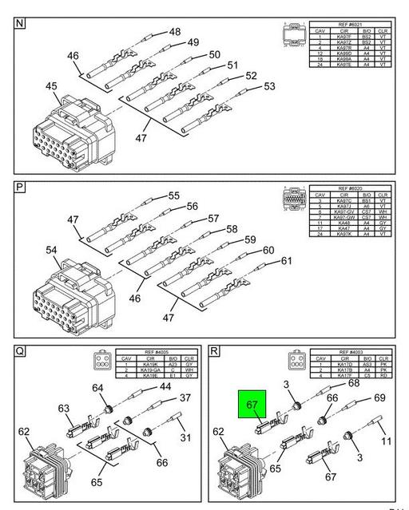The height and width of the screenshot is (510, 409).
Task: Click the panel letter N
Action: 19,23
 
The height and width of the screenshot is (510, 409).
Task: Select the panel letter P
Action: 19,188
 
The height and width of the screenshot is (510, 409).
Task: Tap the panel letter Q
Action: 19,350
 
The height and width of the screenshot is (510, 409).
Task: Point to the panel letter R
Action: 214,350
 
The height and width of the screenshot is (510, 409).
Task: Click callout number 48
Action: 173,32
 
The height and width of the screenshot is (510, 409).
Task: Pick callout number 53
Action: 269,86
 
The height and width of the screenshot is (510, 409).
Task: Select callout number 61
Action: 285,260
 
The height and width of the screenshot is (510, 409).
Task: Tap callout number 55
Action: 173,196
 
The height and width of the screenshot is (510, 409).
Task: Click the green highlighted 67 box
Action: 252,409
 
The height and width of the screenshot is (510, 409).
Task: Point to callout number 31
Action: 185,437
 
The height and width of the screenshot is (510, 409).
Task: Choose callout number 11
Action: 385,441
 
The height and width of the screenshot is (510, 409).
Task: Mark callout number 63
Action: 64,409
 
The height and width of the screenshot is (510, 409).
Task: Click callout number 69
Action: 379,397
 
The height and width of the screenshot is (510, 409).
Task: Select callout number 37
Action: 185,397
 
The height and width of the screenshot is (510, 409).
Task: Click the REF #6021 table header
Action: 349,25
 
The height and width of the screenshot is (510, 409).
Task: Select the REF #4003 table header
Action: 349,351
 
